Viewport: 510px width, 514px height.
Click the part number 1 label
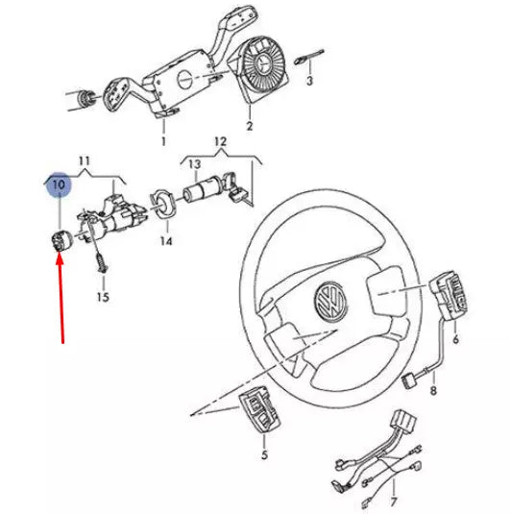163,141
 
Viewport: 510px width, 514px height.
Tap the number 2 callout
250,127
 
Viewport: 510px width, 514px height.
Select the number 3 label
309,82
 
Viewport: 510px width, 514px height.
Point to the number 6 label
454,338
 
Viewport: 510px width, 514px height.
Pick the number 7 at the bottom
392,502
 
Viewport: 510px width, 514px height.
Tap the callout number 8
433,391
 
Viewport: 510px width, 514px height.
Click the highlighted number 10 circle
59,183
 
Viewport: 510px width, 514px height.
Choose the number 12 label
220,142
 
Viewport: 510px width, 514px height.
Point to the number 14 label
166,241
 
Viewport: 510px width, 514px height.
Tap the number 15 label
103,298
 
